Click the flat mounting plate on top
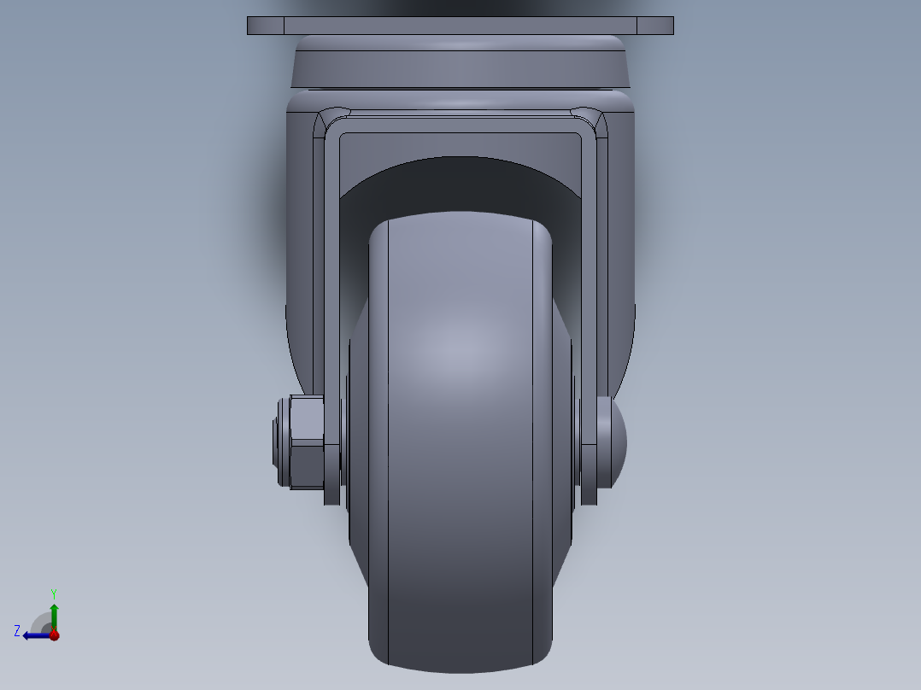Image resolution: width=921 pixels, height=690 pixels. click(x=460, y=26)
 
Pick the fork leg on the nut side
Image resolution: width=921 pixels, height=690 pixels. click(x=331, y=299)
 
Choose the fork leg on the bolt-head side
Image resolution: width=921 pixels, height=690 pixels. click(x=591, y=299)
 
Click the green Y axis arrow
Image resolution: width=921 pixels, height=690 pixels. click(x=54, y=613)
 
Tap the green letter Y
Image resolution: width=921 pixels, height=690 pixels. click(x=53, y=593)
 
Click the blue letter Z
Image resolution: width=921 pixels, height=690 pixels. click(x=17, y=631)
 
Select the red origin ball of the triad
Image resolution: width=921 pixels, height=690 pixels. click(x=54, y=634)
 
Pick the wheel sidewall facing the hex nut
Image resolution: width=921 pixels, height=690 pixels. click(x=359, y=427)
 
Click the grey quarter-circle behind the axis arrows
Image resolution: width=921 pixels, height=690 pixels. click(x=41, y=623)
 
